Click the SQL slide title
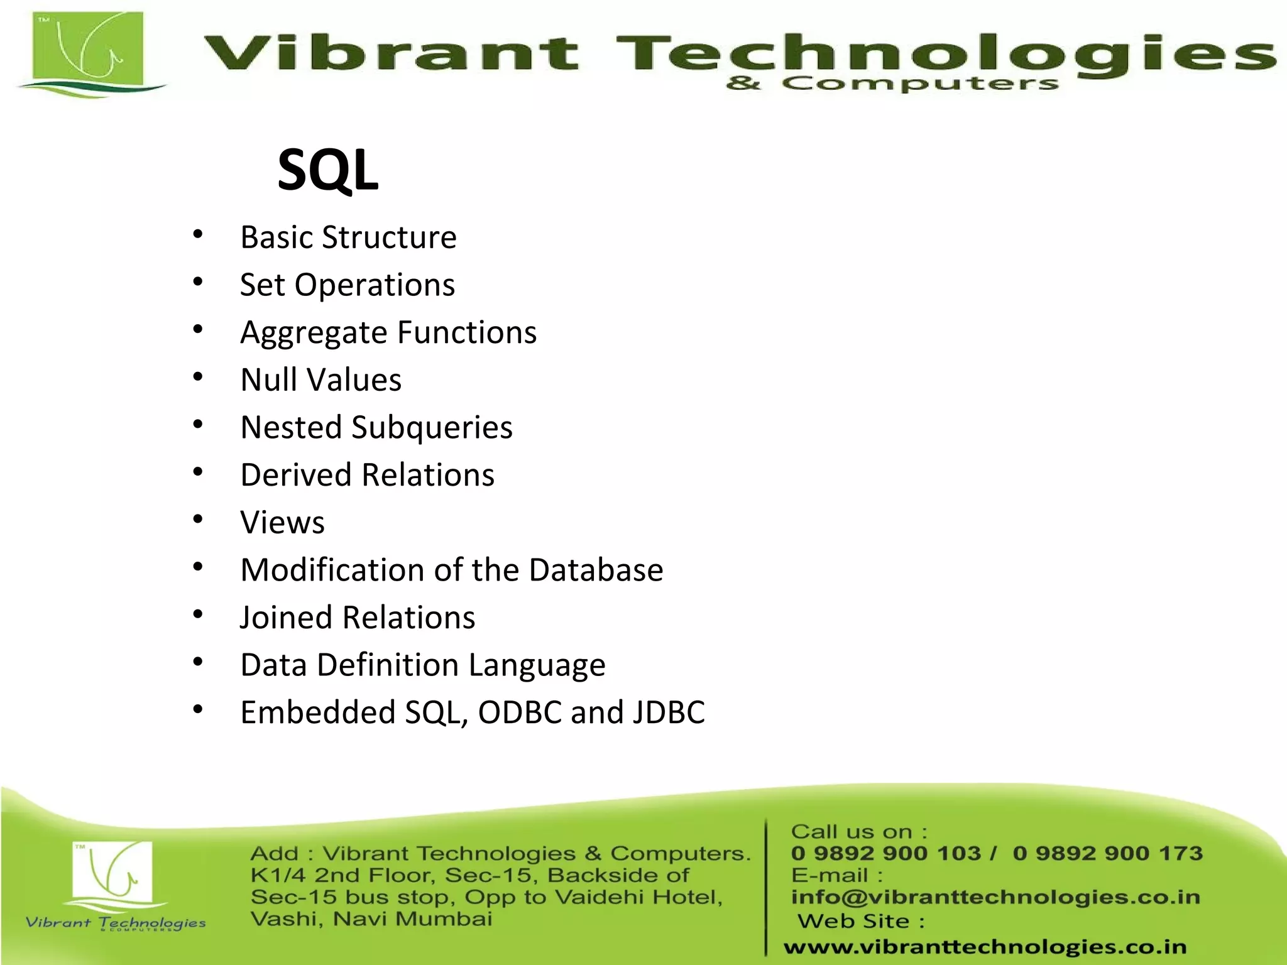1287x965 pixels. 327,170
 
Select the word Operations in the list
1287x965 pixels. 375,285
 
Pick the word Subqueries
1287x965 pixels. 432,428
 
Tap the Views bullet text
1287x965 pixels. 282,523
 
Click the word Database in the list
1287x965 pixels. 596,570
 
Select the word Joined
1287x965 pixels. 286,618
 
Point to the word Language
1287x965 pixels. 537,665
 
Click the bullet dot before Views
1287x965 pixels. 198,520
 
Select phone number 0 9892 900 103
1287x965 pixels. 885,853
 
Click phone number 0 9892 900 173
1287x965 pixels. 1107,853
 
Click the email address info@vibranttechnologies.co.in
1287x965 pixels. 995,897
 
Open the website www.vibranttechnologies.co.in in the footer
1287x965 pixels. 985,946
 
